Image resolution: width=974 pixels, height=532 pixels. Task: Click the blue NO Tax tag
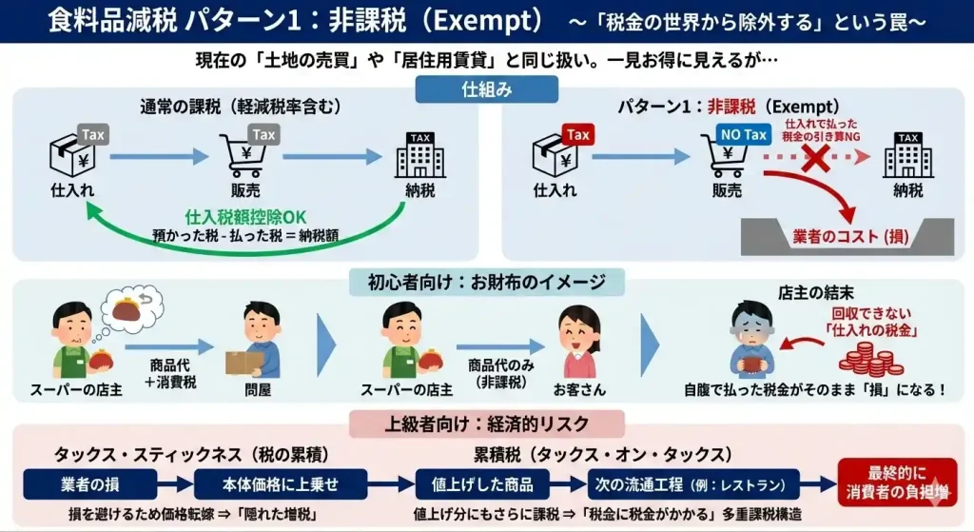[743, 135]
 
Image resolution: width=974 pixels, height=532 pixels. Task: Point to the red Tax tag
[578, 134]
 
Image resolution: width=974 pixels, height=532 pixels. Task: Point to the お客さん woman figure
[578, 341]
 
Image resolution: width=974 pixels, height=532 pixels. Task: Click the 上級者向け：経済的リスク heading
[486, 424]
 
